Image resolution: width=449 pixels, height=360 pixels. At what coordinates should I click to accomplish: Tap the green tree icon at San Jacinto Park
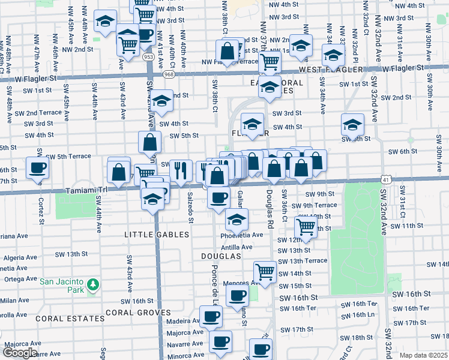pos(92,283)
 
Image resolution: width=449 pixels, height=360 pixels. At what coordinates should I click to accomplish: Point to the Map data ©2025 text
pos(424,355)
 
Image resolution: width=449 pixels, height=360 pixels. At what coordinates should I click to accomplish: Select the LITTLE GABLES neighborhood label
pos(157,235)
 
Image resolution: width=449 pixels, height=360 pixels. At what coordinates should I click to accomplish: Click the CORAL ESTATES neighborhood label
pos(61,319)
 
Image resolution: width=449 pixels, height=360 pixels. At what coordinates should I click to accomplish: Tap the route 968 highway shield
pos(169,74)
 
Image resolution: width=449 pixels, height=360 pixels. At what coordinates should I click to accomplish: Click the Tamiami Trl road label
pos(86,190)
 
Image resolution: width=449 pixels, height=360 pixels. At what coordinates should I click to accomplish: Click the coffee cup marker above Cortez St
pos(37,167)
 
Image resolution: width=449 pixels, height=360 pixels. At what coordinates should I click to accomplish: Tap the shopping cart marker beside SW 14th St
pos(265,272)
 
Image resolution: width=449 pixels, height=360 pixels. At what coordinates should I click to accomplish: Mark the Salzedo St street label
pos(190,208)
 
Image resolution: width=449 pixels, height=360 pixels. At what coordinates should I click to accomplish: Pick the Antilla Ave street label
pos(237,247)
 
